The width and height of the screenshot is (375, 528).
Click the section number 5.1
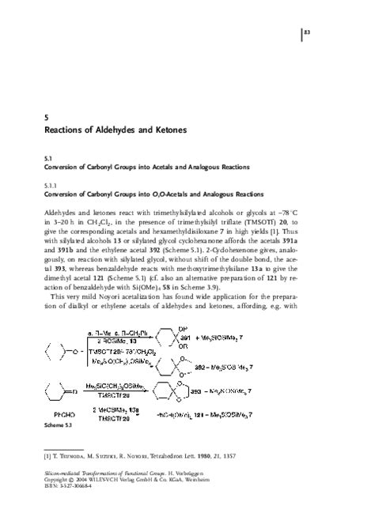(47, 158)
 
